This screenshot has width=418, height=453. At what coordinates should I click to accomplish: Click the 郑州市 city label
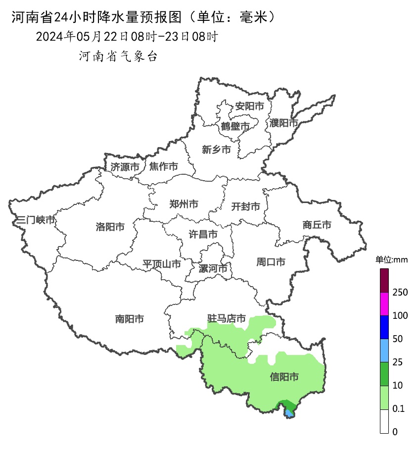click(x=184, y=204)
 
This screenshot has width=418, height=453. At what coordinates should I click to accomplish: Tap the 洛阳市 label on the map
click(x=110, y=227)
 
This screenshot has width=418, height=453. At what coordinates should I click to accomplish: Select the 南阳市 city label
click(x=129, y=319)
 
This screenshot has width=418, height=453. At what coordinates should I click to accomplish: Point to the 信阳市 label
click(x=284, y=377)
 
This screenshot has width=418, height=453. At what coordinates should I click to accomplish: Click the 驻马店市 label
click(x=227, y=319)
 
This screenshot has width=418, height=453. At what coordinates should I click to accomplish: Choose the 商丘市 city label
click(x=317, y=225)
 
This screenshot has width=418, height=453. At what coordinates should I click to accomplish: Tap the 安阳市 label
click(x=249, y=106)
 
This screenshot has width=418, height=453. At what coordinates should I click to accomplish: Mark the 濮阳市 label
click(x=284, y=123)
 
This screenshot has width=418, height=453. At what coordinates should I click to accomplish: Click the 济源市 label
click(x=125, y=167)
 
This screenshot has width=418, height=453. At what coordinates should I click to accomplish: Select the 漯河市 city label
click(x=213, y=269)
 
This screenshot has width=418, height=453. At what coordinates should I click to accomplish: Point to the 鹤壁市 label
click(x=235, y=127)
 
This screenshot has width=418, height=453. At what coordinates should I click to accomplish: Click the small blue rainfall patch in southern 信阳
click(x=289, y=412)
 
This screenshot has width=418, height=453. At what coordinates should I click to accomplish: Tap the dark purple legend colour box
click(x=384, y=281)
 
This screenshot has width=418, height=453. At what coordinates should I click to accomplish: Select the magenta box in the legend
click(x=384, y=304)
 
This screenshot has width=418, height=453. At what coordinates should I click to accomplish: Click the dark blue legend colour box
click(x=384, y=327)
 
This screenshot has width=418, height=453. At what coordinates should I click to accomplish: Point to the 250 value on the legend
click(x=400, y=293)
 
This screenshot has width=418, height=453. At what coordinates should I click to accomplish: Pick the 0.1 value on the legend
click(x=398, y=409)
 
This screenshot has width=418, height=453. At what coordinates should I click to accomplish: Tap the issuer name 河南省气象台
click(x=118, y=56)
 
